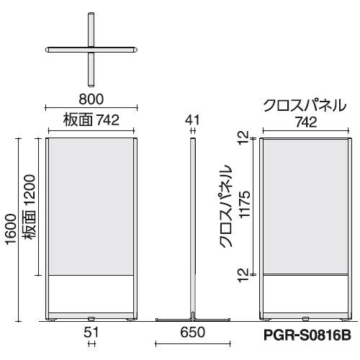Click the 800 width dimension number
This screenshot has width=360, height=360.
point(91,99)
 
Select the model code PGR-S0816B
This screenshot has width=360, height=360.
point(307,335)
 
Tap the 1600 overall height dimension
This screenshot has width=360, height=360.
point(12,230)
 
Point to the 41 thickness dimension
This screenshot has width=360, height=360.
point(192,120)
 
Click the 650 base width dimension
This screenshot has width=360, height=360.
point(193,332)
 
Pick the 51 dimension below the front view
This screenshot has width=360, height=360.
point(91,333)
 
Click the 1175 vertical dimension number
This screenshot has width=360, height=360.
point(245,204)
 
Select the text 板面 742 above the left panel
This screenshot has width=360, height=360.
point(91,120)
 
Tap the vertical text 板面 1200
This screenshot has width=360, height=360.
point(30,207)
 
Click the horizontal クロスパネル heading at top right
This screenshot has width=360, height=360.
point(305,105)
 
